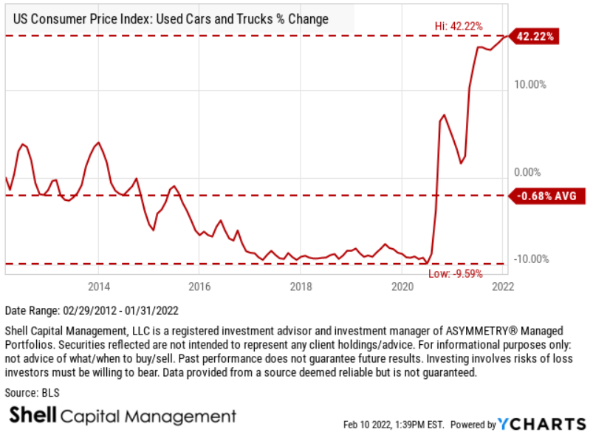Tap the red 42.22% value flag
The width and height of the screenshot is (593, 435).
tap(537, 35)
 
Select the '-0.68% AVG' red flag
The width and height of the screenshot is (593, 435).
tap(546, 196)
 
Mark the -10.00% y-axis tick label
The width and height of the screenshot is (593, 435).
tap(530, 258)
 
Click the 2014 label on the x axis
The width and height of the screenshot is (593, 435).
tap(99, 286)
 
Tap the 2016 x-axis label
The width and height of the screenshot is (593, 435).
tap(199, 286)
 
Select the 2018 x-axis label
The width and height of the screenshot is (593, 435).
tap(300, 286)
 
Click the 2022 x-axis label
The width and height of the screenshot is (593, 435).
tap(501, 286)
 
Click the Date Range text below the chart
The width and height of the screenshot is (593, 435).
tap(92, 310)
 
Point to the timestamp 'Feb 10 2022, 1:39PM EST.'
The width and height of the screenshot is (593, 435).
tap(394, 425)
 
